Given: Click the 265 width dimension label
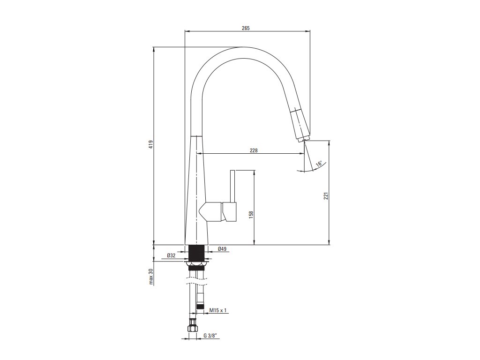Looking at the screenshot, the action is [246, 28].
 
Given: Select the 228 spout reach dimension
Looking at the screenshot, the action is [254, 150].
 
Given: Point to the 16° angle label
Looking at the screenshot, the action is [319, 164].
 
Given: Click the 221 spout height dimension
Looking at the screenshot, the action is [326, 195].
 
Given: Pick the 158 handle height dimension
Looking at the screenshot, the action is [251, 214].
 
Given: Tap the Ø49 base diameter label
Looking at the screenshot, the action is [222, 249].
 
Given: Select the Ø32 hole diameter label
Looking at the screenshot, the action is [171, 255].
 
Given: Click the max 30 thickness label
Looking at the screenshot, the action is [150, 277].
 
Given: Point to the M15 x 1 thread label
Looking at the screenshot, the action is [218, 310].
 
